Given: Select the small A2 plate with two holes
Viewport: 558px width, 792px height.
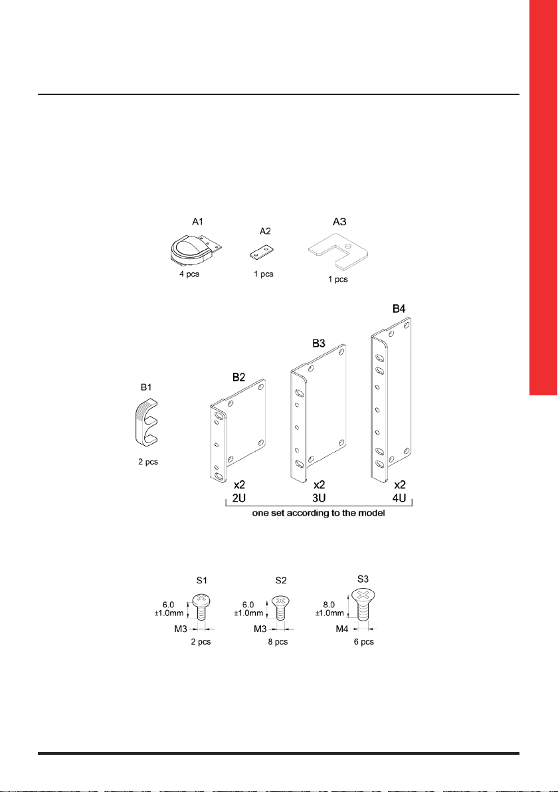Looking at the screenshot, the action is tap(261, 253).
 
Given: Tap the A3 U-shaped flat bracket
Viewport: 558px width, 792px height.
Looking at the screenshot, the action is tap(338, 250).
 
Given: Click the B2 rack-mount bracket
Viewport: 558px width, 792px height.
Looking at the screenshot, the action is tap(238, 431).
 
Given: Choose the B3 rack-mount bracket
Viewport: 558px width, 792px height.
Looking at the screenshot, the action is tap(318, 412).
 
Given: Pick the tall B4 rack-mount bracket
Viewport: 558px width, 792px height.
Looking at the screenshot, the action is tap(391, 401).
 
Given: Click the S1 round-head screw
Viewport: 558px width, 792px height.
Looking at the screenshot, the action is tap(201, 607).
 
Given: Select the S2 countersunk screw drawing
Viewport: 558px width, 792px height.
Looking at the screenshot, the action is tap(281, 607).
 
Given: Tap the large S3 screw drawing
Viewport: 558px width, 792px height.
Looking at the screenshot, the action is tap(363, 605).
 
